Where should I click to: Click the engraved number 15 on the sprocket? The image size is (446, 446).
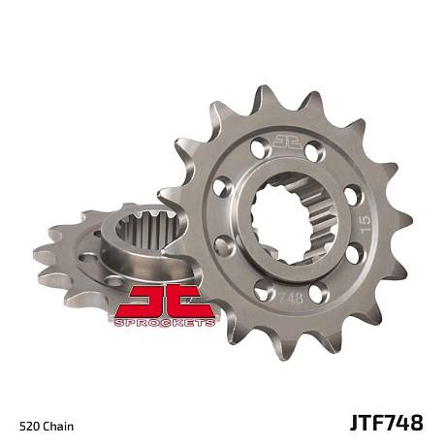click(x=366, y=224)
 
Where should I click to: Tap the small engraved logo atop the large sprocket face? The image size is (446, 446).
click(x=287, y=143)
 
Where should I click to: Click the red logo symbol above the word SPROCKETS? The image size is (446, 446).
click(x=165, y=302)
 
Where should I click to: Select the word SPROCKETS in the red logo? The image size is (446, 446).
click(x=165, y=323)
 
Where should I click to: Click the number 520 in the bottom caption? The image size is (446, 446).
click(x=30, y=426)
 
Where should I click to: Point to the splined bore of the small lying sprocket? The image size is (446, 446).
click(x=148, y=231)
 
